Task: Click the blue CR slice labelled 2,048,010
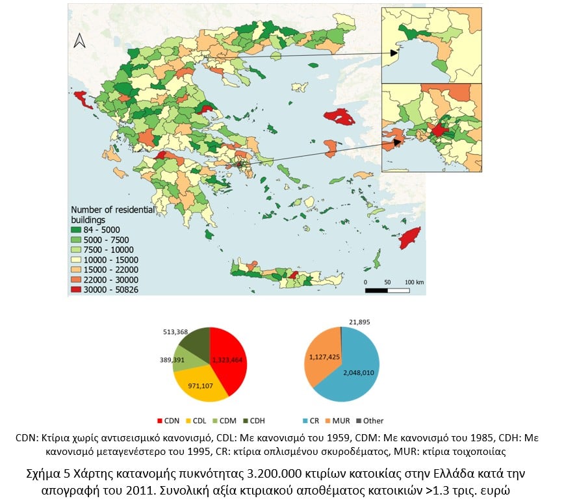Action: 357,370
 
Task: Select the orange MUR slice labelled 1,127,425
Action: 322,357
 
